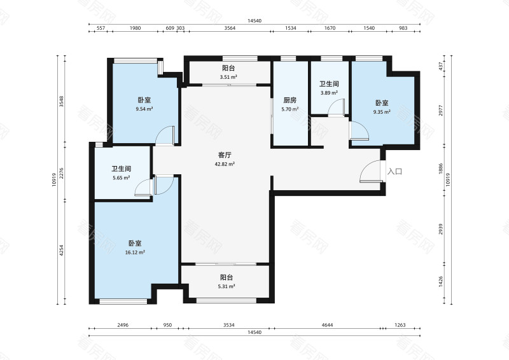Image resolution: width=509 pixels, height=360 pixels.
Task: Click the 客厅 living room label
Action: (x=225, y=155)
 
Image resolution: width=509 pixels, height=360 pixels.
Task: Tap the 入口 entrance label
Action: (x=394, y=171)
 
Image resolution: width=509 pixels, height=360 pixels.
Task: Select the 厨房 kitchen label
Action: (x=289, y=100)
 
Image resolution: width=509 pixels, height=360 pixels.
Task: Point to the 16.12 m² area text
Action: (x=135, y=253)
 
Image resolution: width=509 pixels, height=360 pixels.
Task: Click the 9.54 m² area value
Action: (x=144, y=109)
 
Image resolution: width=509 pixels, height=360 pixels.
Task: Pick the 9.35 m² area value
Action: (x=382, y=112)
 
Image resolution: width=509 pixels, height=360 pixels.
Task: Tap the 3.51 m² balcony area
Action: (x=228, y=77)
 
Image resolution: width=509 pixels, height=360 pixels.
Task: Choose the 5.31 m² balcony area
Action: (x=227, y=287)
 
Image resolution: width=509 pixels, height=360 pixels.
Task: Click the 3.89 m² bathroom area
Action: (x=329, y=93)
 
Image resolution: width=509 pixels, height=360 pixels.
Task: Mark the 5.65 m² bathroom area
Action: (x=121, y=178)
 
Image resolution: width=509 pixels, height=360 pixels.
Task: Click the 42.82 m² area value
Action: (x=225, y=164)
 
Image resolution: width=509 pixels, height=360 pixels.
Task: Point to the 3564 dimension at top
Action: (x=230, y=28)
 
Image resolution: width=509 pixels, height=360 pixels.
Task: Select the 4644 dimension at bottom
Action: (x=327, y=325)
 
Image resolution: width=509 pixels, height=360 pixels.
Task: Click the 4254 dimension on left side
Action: (x=61, y=250)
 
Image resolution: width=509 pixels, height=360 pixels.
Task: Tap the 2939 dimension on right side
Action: (x=440, y=229)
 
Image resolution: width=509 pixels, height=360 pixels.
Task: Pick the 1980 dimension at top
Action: (x=135, y=28)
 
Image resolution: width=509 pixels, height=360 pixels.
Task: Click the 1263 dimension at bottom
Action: (x=400, y=325)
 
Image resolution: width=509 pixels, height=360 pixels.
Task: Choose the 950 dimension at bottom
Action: (x=167, y=325)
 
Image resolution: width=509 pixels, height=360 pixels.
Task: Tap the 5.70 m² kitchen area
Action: (x=290, y=109)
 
